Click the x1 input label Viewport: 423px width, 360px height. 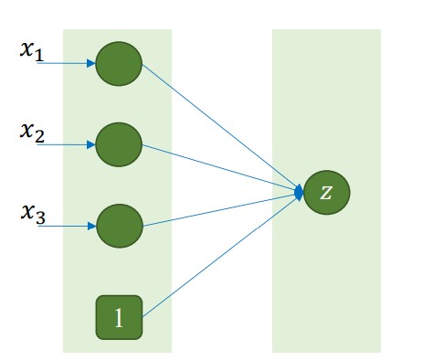coord(31,50)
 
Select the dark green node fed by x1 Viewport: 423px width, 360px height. coord(119,64)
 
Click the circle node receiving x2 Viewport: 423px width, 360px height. coord(119,144)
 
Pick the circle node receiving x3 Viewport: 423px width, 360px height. coord(119,225)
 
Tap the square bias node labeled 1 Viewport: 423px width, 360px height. coord(119,317)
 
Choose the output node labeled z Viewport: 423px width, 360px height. coord(327,193)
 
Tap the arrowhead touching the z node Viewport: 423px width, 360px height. coord(300,192)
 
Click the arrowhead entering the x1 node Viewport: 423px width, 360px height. coord(91,64)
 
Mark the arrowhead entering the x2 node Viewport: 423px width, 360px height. coord(91,144)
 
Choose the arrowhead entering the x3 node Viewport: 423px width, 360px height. coord(91,225)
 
